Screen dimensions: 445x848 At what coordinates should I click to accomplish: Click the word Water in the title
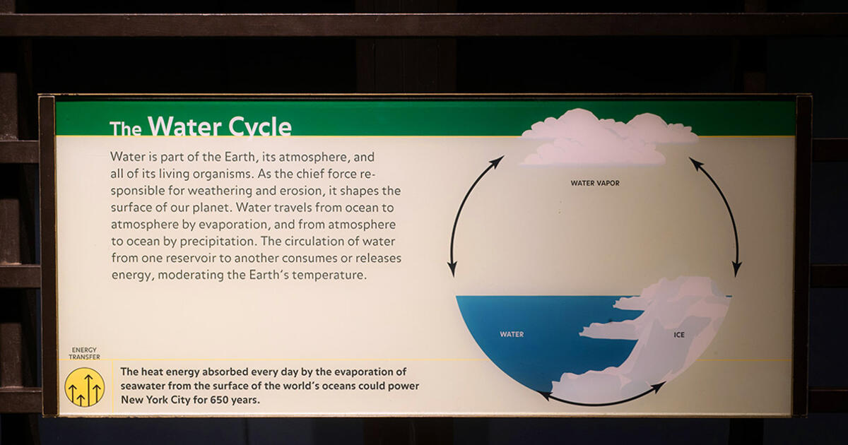pyautogui.click(x=184, y=127)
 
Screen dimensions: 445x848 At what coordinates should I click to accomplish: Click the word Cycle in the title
pyautogui.click(x=260, y=128)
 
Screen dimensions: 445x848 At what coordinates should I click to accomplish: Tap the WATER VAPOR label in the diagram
pyautogui.click(x=595, y=183)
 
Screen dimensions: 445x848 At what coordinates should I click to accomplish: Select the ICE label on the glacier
pyautogui.click(x=679, y=334)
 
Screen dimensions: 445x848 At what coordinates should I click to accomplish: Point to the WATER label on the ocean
pyautogui.click(x=512, y=334)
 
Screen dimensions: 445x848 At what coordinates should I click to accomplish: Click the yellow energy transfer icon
pyautogui.click(x=85, y=387)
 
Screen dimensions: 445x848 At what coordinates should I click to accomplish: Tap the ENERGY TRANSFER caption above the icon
pyautogui.click(x=84, y=353)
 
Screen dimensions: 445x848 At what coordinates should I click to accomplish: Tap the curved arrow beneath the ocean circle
pyautogui.click(x=601, y=399)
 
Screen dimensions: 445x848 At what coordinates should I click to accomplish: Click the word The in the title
pyautogui.click(x=126, y=129)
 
